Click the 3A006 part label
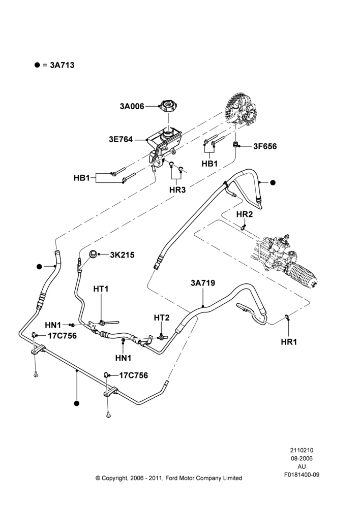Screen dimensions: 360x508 tap(132, 106)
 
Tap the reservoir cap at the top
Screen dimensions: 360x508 tap(168, 106)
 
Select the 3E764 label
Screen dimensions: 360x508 tap(121, 140)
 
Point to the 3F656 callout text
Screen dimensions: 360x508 tap(265, 146)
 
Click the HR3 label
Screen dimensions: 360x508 tap(177, 190)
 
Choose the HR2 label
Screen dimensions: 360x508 tap(244, 214)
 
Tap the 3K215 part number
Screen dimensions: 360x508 tap(122, 255)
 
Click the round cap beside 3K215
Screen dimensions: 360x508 tap(94, 255)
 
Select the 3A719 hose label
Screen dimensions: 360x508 tap(203, 283)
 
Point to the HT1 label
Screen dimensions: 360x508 tap(101, 289)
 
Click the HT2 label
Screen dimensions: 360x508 tap(162, 318)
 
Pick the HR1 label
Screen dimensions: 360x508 tap(289, 342)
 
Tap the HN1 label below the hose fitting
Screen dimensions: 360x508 tap(123, 358)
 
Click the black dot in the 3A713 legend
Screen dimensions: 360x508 tap(37, 65)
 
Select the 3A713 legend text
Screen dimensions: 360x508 tap(62, 65)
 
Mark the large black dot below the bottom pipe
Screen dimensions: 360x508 tap(77, 403)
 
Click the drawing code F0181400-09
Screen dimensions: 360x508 tap(302, 475)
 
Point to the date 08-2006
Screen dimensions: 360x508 tap(302, 458)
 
